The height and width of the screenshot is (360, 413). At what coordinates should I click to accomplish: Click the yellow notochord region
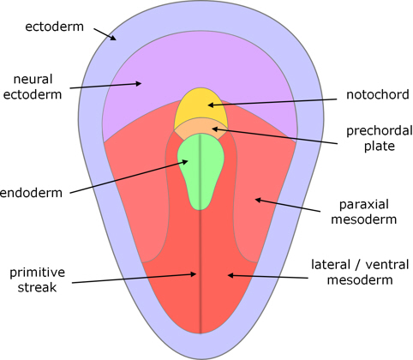[x=201, y=107]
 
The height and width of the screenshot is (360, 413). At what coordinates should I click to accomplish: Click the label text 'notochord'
[x=378, y=94]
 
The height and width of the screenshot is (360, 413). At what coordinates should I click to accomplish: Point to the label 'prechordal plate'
[x=380, y=138]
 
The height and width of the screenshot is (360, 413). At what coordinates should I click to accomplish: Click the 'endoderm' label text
[x=31, y=193]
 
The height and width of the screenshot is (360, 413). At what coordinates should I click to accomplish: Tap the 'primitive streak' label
[x=37, y=279]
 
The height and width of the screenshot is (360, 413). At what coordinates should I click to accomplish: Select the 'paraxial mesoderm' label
[x=364, y=212]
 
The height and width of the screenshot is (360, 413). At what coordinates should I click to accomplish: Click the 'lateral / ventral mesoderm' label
[x=360, y=272]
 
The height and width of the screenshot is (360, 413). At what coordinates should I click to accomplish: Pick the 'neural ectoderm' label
[x=33, y=87]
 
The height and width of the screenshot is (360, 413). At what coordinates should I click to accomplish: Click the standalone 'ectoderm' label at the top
[x=54, y=27]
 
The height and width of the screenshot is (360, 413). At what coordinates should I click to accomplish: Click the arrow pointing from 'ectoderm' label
[x=105, y=34]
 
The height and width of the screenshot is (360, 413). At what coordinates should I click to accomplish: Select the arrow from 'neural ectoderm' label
[x=105, y=86]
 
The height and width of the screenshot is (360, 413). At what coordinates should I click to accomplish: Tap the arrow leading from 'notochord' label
[x=272, y=102]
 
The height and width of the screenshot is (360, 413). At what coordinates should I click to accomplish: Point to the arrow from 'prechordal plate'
[x=275, y=136]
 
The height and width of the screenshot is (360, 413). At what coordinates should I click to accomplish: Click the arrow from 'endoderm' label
[x=129, y=177]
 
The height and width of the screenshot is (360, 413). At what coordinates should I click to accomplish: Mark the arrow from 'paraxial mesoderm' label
[x=288, y=206]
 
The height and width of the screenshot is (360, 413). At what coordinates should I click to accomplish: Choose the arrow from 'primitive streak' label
[x=135, y=279]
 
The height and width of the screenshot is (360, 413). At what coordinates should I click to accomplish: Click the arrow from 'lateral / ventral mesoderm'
[x=268, y=277]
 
